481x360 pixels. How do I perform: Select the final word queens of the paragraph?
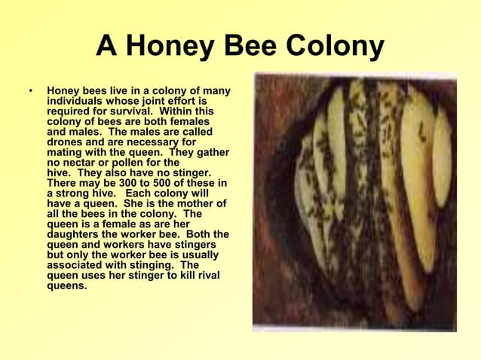click(x=66, y=285)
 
